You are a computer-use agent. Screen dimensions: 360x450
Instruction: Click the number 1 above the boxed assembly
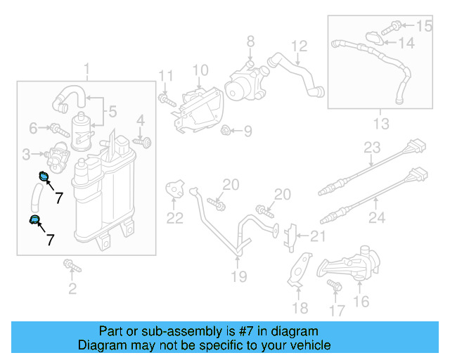click(86, 69)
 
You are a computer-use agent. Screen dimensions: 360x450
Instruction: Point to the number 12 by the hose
click(300, 46)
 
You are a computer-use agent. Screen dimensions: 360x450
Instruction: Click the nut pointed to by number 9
click(227, 130)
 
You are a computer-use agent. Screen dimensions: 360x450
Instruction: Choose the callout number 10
click(200, 70)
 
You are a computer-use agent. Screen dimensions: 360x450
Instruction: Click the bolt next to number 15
click(394, 27)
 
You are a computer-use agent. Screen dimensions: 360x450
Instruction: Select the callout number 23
click(372, 148)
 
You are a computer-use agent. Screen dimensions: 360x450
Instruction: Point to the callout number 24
click(377, 218)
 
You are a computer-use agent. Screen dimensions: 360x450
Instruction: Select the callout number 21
click(319, 236)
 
